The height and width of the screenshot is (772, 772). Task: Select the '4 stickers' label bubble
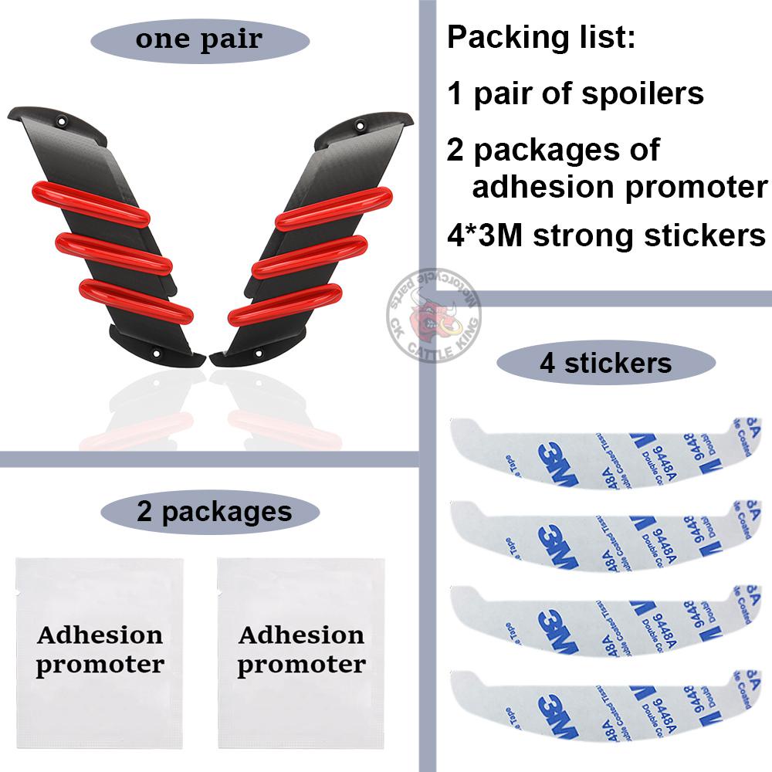click(x=605, y=363)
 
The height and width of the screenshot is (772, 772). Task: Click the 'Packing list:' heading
click(x=541, y=38)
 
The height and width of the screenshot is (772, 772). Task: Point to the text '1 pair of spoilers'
click(x=575, y=93)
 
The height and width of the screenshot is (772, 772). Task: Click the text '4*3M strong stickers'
click(x=607, y=235)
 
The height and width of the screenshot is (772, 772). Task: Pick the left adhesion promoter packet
click(x=100, y=652)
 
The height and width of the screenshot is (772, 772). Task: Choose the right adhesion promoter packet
click(x=301, y=652)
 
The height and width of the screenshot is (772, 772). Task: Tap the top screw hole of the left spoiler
click(x=62, y=122)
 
